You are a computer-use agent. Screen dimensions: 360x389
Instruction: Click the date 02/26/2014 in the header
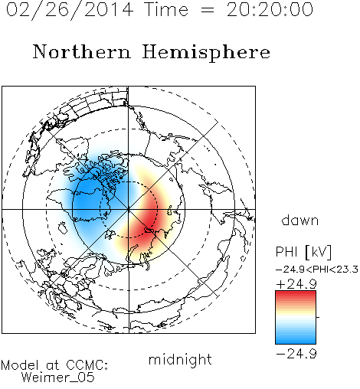pyautogui.click(x=70, y=10)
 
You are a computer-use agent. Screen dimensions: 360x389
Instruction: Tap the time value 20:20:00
pyautogui.click(x=270, y=9)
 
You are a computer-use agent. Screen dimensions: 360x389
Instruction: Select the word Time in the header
pyautogui.click(x=166, y=9)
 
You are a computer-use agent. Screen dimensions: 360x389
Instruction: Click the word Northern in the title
pyautogui.click(x=82, y=51)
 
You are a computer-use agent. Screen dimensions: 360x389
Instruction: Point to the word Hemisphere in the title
pyautogui.click(x=206, y=53)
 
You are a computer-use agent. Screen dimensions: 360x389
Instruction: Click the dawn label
pyautogui.click(x=300, y=220)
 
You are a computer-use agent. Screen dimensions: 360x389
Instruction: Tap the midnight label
pyautogui.click(x=180, y=359)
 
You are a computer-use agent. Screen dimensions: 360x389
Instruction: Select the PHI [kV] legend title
pyautogui.click(x=303, y=252)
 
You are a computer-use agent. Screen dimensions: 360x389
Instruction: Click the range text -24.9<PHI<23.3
pyautogui.click(x=317, y=270)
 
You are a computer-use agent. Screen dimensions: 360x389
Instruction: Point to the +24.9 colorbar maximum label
pyautogui.click(x=296, y=284)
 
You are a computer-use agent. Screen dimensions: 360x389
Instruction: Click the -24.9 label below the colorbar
pyautogui.click(x=296, y=354)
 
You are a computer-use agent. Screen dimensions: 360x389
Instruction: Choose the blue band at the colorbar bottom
pyautogui.click(x=296, y=339)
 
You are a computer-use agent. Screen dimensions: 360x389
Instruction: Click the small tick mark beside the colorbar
pyautogui.click(x=318, y=317)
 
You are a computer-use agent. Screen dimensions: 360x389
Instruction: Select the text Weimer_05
pyautogui.click(x=58, y=378)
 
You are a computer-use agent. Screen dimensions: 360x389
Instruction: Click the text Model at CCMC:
pyautogui.click(x=54, y=365)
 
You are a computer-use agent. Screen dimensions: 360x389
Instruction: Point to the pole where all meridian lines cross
pyautogui.click(x=129, y=209)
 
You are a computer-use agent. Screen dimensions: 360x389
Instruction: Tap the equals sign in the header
pyautogui.click(x=208, y=11)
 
